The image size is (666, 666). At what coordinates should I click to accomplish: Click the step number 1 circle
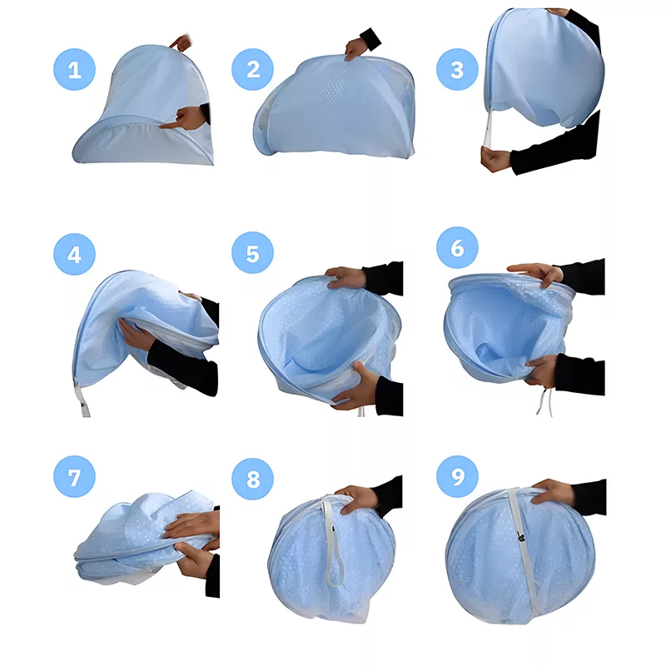click(74, 69)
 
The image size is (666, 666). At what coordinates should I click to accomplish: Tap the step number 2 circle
click(253, 69)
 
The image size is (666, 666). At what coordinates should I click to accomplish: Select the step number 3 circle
click(457, 69)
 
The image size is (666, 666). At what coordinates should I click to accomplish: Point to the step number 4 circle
click(74, 254)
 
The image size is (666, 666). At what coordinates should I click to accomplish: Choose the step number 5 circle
click(253, 253)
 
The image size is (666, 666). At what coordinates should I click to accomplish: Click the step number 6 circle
click(457, 247)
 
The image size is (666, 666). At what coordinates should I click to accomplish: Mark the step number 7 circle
click(74, 476)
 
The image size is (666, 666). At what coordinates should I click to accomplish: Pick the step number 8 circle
click(253, 479)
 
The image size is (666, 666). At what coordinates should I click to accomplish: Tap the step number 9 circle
click(457, 476)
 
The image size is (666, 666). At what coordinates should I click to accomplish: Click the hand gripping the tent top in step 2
click(356, 49)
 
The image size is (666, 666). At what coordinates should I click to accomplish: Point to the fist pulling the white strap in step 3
click(495, 158)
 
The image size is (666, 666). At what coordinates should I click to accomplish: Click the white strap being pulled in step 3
click(489, 127)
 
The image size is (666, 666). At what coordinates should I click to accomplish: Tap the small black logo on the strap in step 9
click(519, 537)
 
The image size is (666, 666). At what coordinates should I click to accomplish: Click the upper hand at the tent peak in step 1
click(181, 42)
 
